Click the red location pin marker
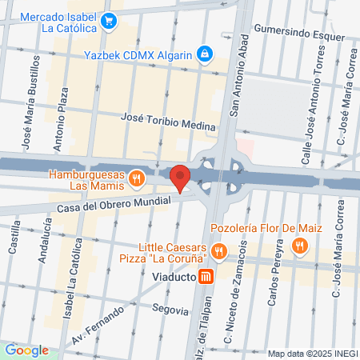tap(181, 178)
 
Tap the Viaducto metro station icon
tap(206, 278)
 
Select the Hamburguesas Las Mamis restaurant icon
tap(137, 178)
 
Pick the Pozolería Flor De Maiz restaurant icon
tap(299, 246)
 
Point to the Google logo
tap(26, 350)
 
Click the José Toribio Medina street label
tap(168, 121)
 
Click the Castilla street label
tap(14, 238)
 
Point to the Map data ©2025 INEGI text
tap(311, 354)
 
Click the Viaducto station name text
tap(174, 278)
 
